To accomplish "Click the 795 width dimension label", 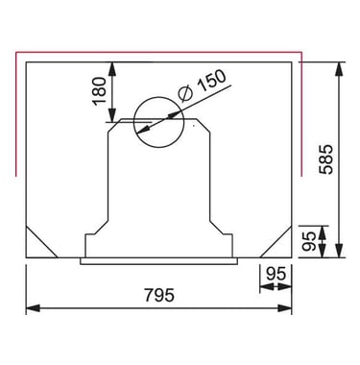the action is pyautogui.click(x=159, y=295).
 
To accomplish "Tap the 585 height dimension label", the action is pyautogui.click(x=326, y=159).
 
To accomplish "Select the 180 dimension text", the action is pyautogui.click(x=99, y=91).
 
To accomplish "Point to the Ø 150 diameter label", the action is pyautogui.click(x=202, y=85).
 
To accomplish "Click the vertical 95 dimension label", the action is pyautogui.click(x=309, y=241).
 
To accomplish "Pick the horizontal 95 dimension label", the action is pyautogui.click(x=276, y=274).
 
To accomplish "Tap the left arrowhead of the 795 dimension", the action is pyautogui.click(x=33, y=308).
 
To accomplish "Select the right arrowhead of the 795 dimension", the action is pyautogui.click(x=285, y=308).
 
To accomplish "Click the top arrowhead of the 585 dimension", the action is pyautogui.click(x=339, y=69).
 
